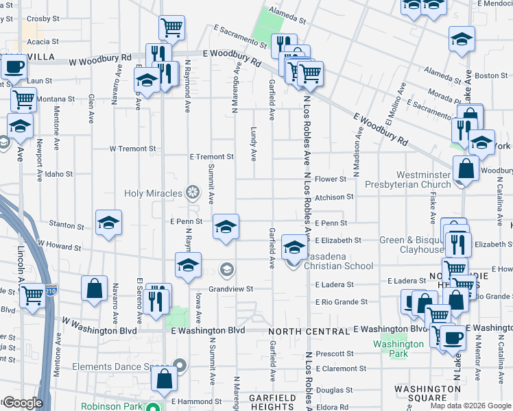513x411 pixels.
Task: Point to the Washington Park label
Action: coord(390,349)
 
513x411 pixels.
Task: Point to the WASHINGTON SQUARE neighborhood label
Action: coord(427,393)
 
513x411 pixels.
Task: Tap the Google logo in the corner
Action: coord(22,402)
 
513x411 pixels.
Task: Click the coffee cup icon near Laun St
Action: coord(14,68)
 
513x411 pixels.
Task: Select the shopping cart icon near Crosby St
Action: coord(171,28)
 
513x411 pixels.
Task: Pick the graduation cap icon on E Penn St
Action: coord(226,226)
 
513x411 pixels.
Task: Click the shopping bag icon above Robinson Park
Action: coord(165,379)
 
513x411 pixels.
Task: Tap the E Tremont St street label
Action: coord(212,157)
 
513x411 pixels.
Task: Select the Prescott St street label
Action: coord(335,354)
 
